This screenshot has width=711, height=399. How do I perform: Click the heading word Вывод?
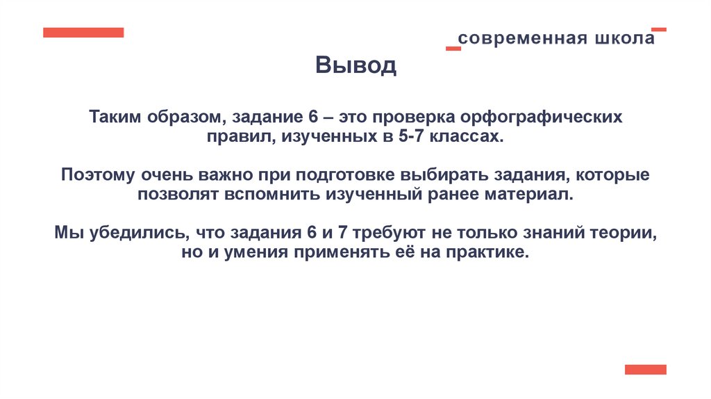355,67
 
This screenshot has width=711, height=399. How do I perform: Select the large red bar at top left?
83,33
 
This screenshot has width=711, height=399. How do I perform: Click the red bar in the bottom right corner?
645,369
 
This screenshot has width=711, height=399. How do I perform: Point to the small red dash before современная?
453,48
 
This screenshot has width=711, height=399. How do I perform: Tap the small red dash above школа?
659,29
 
